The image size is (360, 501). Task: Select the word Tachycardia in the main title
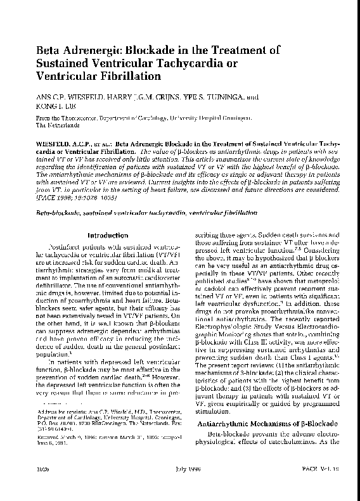coord(182,64)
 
